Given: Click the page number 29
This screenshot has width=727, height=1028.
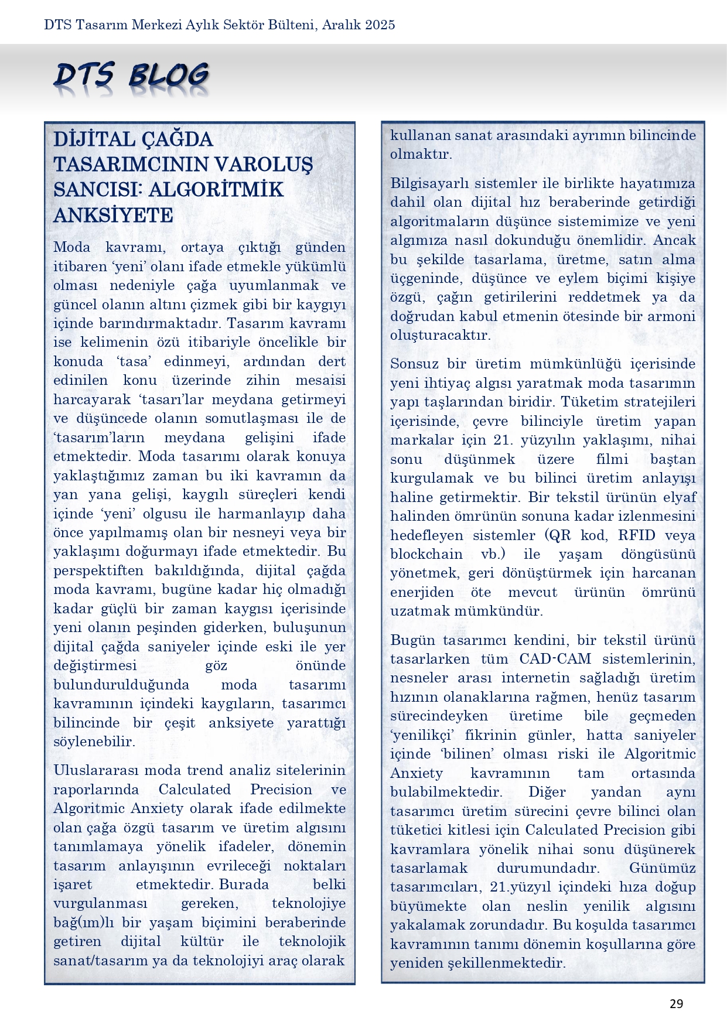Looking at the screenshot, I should click(x=676, y=1004).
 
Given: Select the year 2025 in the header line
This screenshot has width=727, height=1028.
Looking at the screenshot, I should click(x=378, y=25).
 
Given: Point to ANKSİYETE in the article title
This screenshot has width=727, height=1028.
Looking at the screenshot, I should click(x=113, y=216).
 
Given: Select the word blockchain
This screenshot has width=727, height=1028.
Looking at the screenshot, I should click(x=426, y=554).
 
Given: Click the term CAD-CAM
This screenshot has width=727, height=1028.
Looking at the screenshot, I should click(x=555, y=659).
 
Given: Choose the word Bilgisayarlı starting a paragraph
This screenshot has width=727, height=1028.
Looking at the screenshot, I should click(x=430, y=183).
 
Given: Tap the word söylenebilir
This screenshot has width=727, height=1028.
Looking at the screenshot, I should click(x=94, y=742).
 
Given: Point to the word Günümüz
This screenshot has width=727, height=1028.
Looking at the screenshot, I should click(x=663, y=868).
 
